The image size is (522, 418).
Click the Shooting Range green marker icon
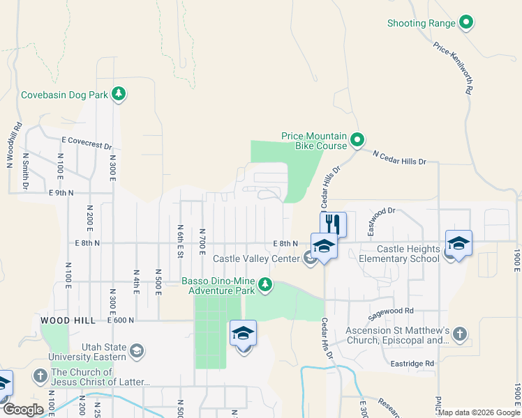pyautogui.click(x=466, y=23)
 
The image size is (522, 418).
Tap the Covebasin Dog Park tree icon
pyautogui.click(x=119, y=94)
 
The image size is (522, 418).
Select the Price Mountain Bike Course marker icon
pyautogui.click(x=357, y=141)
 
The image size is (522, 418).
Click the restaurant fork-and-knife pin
pyautogui.click(x=333, y=224)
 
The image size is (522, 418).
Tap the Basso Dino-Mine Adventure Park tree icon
pyautogui.click(x=265, y=284)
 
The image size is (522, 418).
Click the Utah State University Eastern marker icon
pyautogui.click(x=137, y=350)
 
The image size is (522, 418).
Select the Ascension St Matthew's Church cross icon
pyautogui.click(x=459, y=334)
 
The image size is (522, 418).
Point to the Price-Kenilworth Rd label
pyautogui.click(x=454, y=68)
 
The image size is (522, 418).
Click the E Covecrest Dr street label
pyautogui.click(x=87, y=143)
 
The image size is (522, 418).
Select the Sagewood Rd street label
pyautogui.click(x=391, y=311)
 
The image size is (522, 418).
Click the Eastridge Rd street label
pyautogui.click(x=413, y=364)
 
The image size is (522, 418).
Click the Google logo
pyautogui.click(x=22, y=410)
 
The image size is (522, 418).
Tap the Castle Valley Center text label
pyautogui.click(x=256, y=258)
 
